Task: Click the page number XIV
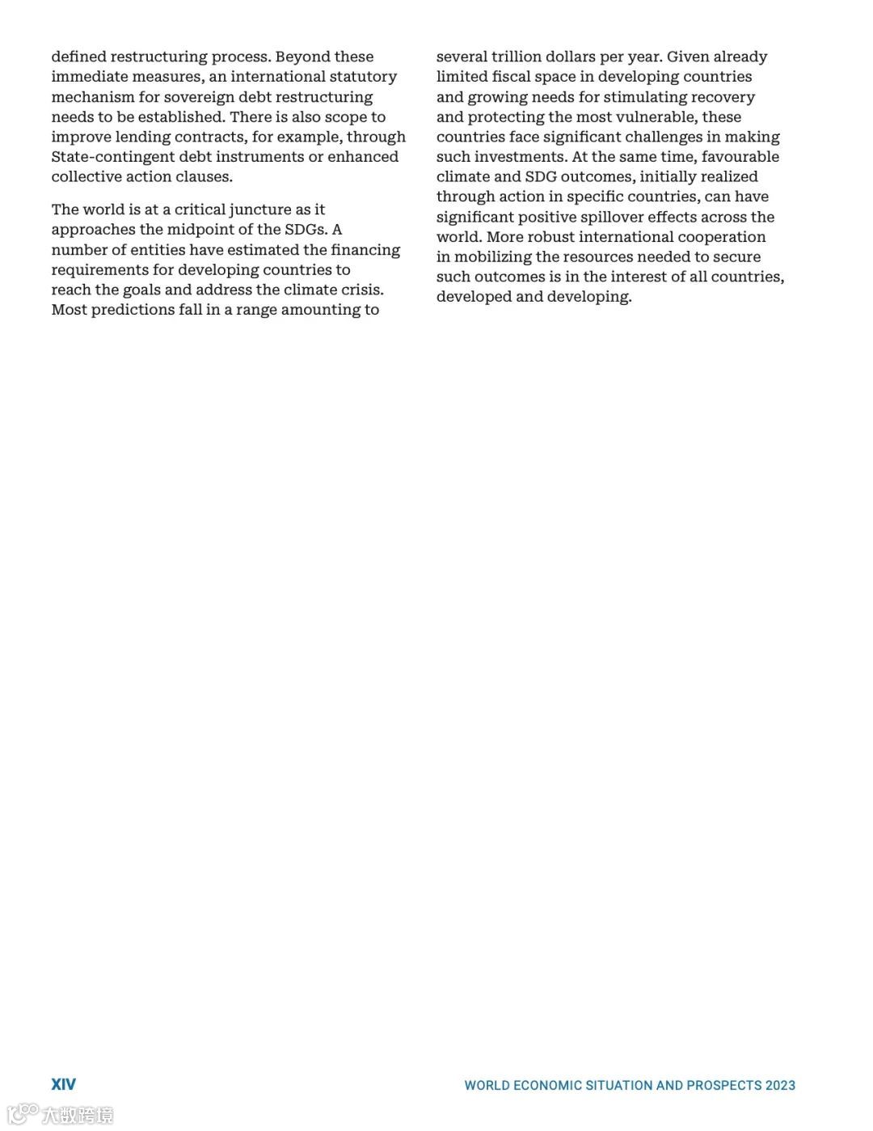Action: point(64,1084)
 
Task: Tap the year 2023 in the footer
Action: point(780,1085)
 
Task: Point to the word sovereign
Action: point(196,97)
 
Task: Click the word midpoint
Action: point(202,230)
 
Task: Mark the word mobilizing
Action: point(492,257)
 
